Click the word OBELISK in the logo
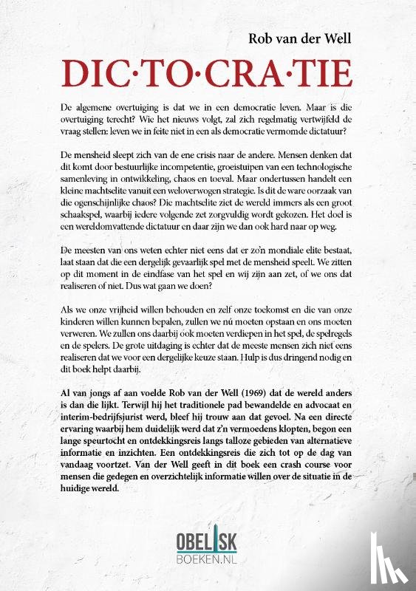coord(208,541)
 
